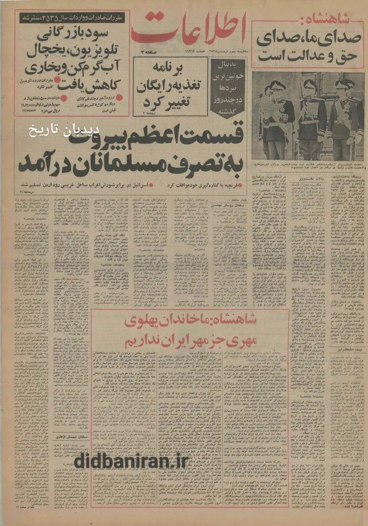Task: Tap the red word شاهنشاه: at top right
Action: pos(338,19)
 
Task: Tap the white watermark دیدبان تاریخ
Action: pos(66,132)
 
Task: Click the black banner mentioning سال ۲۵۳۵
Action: pos(73,18)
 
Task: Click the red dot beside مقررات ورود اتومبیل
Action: pos(57,81)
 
